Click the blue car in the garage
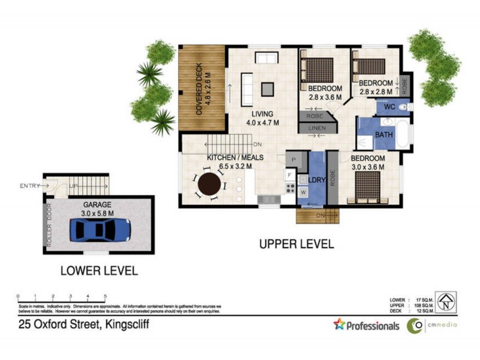click(100, 230)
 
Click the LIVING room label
click(263, 114)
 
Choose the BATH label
click(384, 135)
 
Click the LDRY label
click(316, 180)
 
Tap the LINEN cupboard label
click(317, 129)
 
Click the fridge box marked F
click(289, 175)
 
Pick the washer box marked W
click(303, 192)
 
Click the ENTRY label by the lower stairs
click(29, 185)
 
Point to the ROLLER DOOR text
click(50, 224)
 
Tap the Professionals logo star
click(340, 325)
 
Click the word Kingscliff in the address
click(127, 325)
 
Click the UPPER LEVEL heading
click(296, 244)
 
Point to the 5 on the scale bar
click(106, 296)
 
